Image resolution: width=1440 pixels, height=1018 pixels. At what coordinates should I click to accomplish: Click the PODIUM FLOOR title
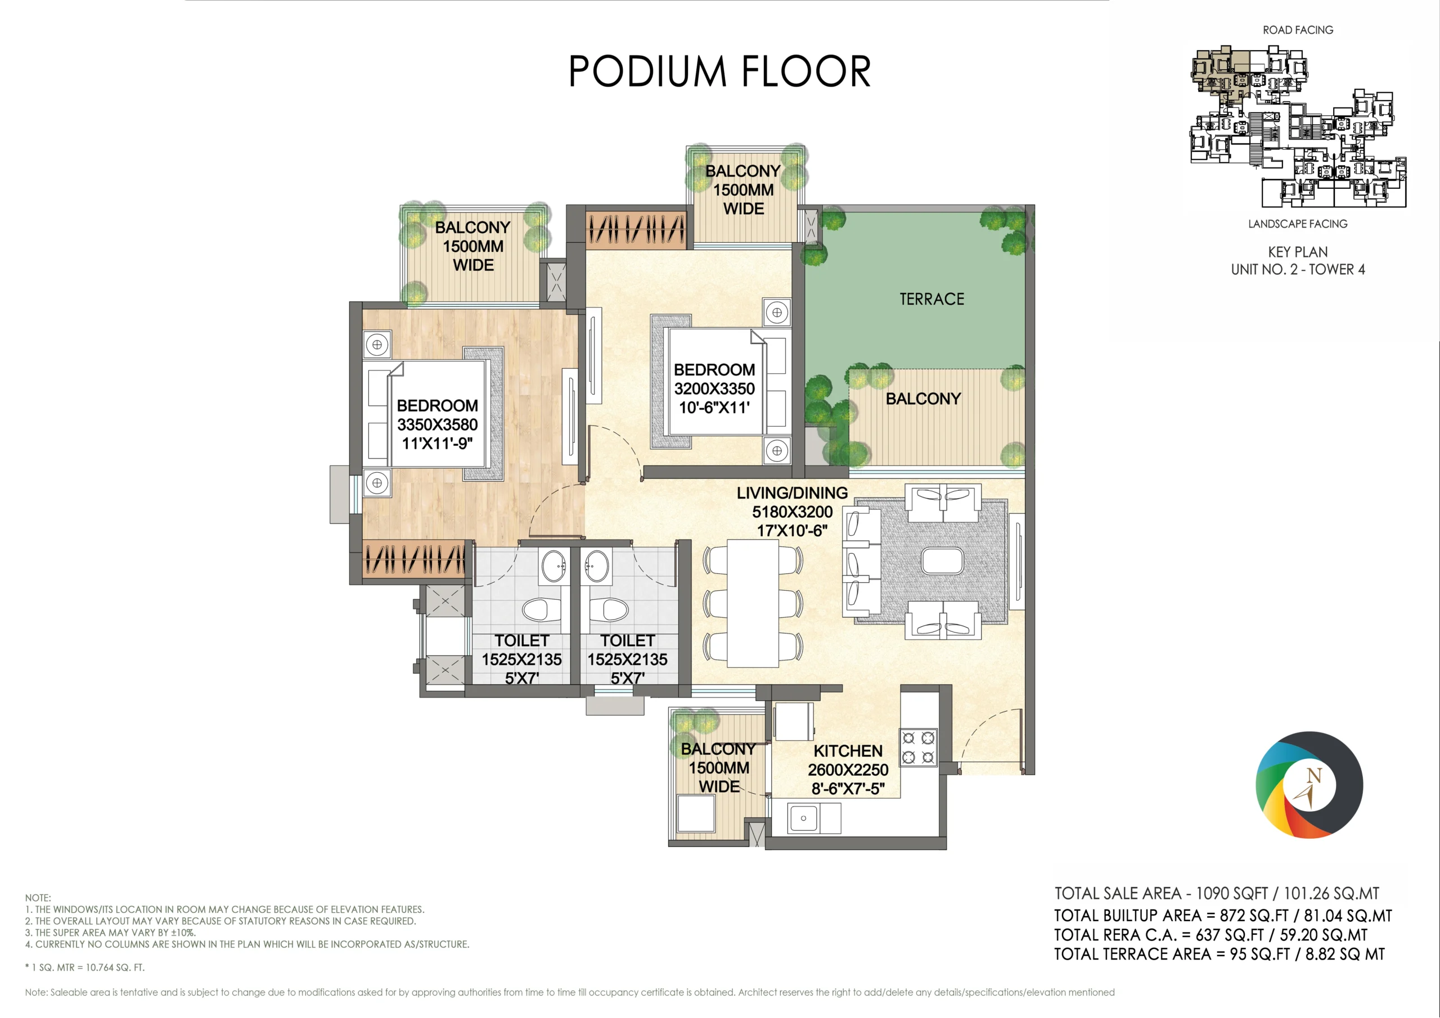[719, 71]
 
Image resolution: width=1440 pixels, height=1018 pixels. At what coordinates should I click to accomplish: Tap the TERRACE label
[932, 299]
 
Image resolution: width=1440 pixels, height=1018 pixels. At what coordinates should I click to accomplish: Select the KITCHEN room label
[848, 751]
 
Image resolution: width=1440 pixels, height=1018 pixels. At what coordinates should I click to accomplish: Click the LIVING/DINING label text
[792, 494]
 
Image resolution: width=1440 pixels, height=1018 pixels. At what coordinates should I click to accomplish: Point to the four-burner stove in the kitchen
[919, 747]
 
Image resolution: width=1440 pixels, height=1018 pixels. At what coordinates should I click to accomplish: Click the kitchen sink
[803, 818]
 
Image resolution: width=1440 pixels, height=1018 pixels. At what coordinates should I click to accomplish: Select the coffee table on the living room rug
[942, 561]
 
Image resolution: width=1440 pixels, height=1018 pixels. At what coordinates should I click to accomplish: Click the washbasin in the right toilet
[596, 566]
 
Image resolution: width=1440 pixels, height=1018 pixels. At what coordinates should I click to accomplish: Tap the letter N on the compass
[1313, 776]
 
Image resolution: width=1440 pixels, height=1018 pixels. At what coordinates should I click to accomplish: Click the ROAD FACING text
[1298, 30]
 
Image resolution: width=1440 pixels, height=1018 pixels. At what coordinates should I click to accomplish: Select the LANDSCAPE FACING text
[1298, 224]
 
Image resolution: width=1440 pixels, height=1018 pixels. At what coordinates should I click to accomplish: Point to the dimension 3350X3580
[437, 424]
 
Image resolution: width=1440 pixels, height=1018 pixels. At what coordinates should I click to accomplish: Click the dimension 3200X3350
[714, 388]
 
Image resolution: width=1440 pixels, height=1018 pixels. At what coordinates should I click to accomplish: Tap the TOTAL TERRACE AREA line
[1219, 954]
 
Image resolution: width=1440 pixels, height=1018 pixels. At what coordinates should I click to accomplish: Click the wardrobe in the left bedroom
[415, 559]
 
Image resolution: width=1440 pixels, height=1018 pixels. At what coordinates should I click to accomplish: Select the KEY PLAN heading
[1298, 252]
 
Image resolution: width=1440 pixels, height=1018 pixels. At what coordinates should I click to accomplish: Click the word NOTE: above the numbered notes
[38, 898]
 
